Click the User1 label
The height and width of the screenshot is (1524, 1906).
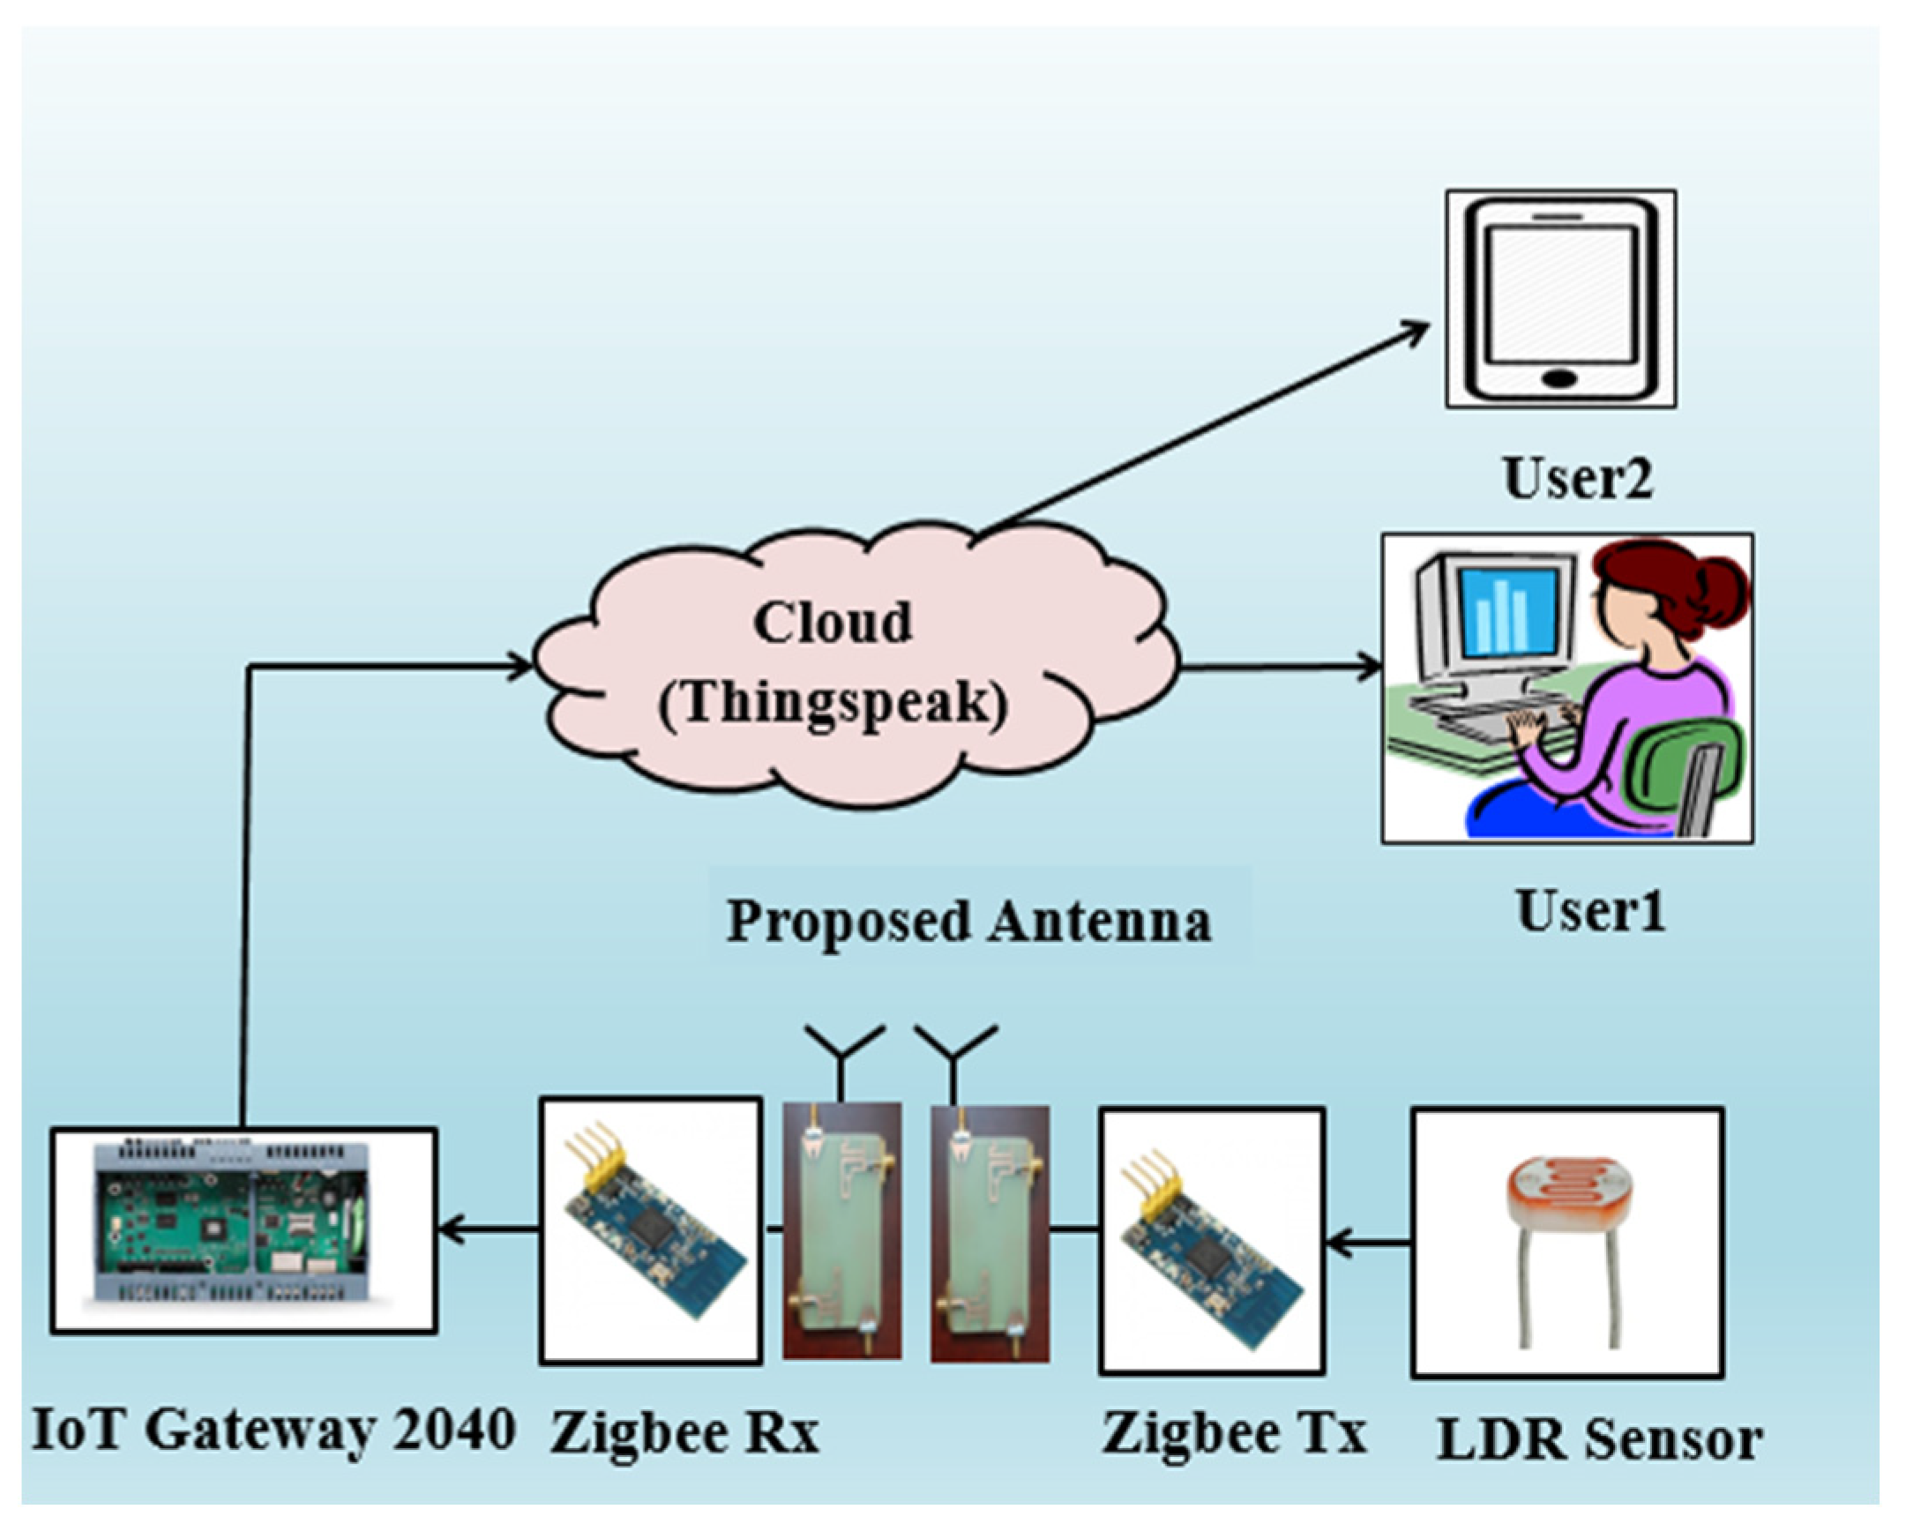[1590, 910]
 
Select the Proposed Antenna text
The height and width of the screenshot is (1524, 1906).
[968, 921]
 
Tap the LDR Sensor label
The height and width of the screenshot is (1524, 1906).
[1599, 1439]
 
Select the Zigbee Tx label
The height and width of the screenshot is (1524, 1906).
[1234, 1434]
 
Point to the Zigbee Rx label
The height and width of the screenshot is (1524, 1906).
[684, 1434]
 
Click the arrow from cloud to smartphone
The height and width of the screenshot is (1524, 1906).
[1202, 429]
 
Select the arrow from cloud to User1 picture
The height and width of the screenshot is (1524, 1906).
[1282, 668]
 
